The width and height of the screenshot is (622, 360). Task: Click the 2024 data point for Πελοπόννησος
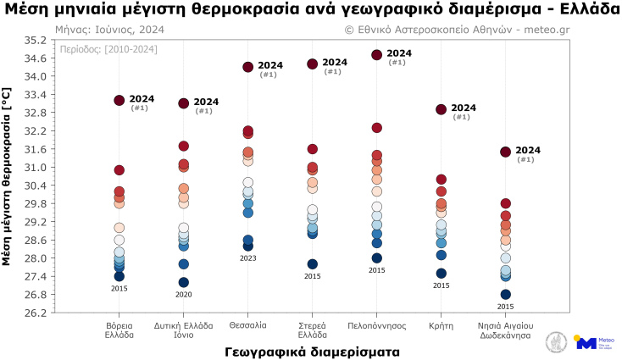point(377,55)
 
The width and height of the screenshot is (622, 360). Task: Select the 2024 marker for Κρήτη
point(442,109)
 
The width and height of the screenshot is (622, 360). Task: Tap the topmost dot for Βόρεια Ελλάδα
point(119,101)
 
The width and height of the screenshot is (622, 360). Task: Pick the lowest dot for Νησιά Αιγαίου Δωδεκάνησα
point(506,295)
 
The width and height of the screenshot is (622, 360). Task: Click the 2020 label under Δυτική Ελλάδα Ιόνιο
point(184,294)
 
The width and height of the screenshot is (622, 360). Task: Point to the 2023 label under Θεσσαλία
point(248,258)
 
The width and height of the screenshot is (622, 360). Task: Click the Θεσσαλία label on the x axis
point(248,325)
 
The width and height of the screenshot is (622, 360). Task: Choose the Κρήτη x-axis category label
point(442,325)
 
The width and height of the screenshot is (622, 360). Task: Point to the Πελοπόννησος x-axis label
point(377,325)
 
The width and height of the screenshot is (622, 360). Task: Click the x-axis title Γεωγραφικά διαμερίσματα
point(313,350)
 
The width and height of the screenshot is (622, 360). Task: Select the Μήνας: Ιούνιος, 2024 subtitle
point(109,30)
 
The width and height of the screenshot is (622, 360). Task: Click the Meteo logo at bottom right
point(590,341)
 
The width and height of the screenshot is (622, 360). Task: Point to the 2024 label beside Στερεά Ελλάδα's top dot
point(335,63)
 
